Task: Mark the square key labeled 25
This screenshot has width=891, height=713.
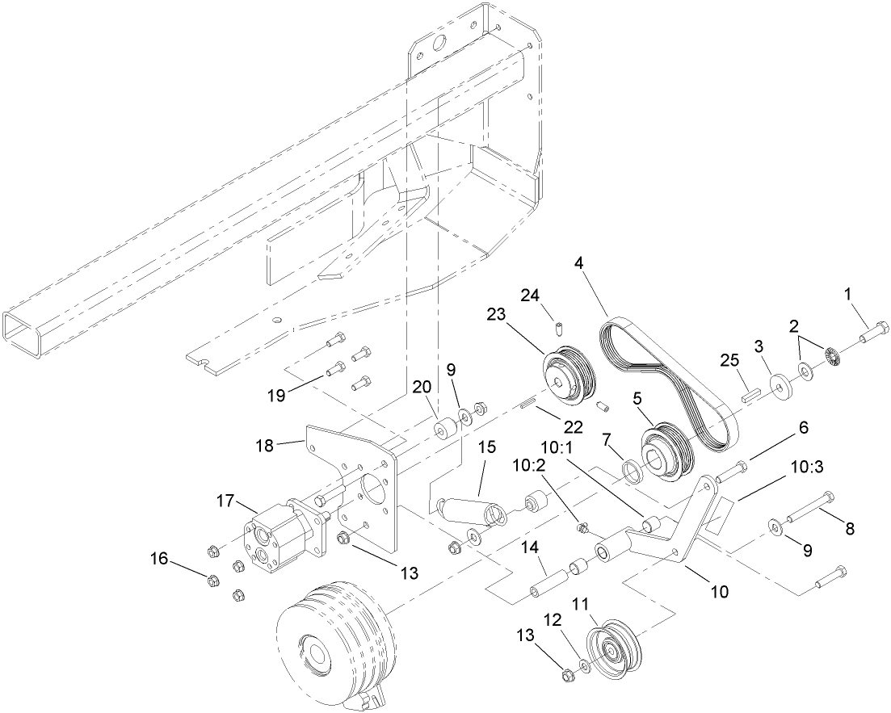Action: (x=750, y=396)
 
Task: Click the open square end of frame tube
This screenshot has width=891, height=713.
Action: (x=23, y=333)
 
